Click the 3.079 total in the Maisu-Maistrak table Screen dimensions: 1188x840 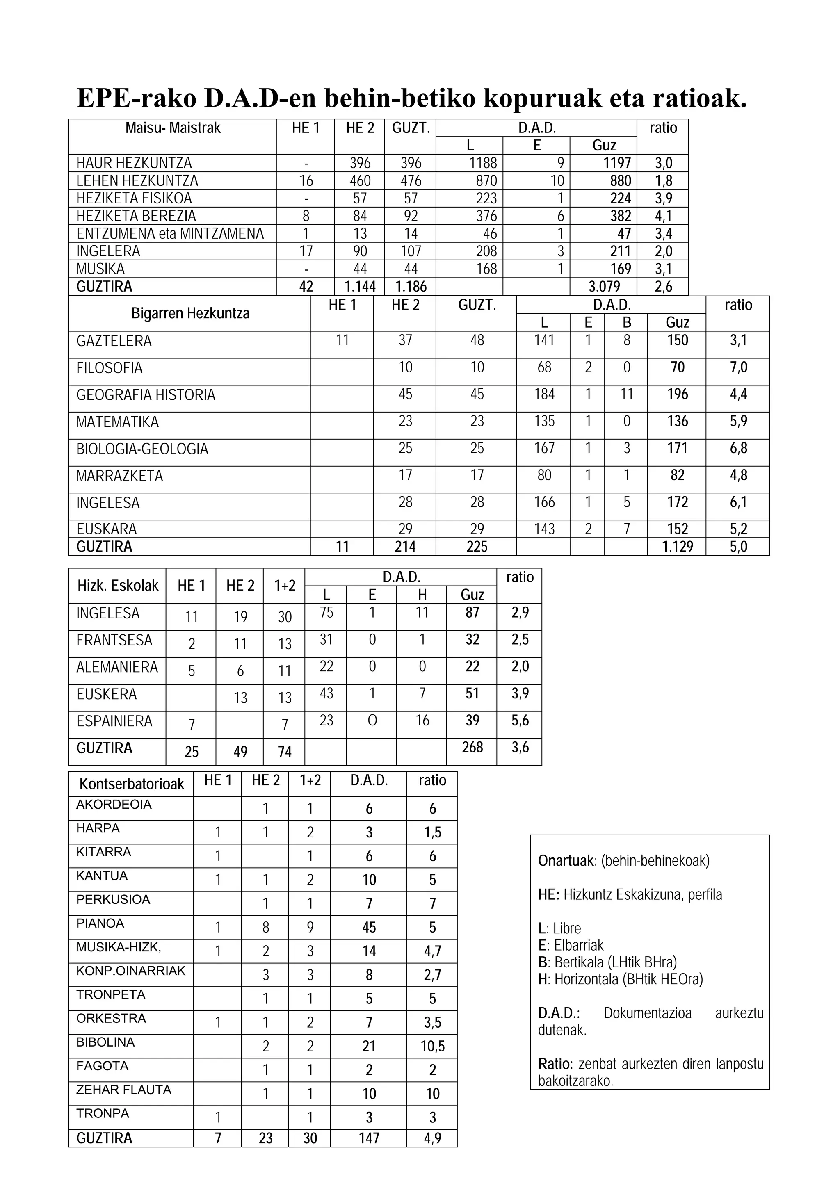pyautogui.click(x=604, y=286)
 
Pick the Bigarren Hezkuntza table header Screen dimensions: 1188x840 pyautogui.click(x=190, y=314)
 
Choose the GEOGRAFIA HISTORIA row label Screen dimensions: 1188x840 pyautogui.click(x=146, y=395)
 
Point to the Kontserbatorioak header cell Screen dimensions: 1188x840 pyautogui.click(x=132, y=784)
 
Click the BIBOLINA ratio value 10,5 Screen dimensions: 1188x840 pyautogui.click(x=432, y=1046)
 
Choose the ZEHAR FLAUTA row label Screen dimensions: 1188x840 pyautogui.click(x=124, y=1090)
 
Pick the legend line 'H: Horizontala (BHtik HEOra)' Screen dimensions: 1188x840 pyautogui.click(x=621, y=979)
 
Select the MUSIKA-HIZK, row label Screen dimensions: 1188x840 pyautogui.click(x=119, y=947)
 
